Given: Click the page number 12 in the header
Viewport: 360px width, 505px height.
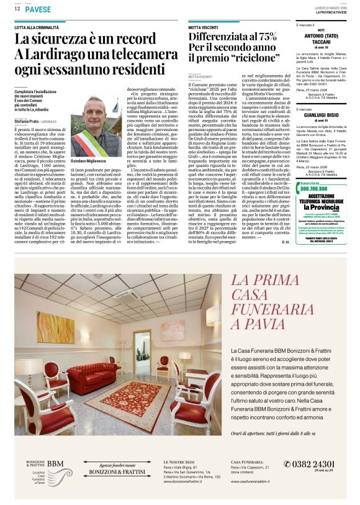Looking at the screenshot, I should [18, 9].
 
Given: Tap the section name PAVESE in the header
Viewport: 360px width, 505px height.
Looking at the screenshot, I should [38, 9].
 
